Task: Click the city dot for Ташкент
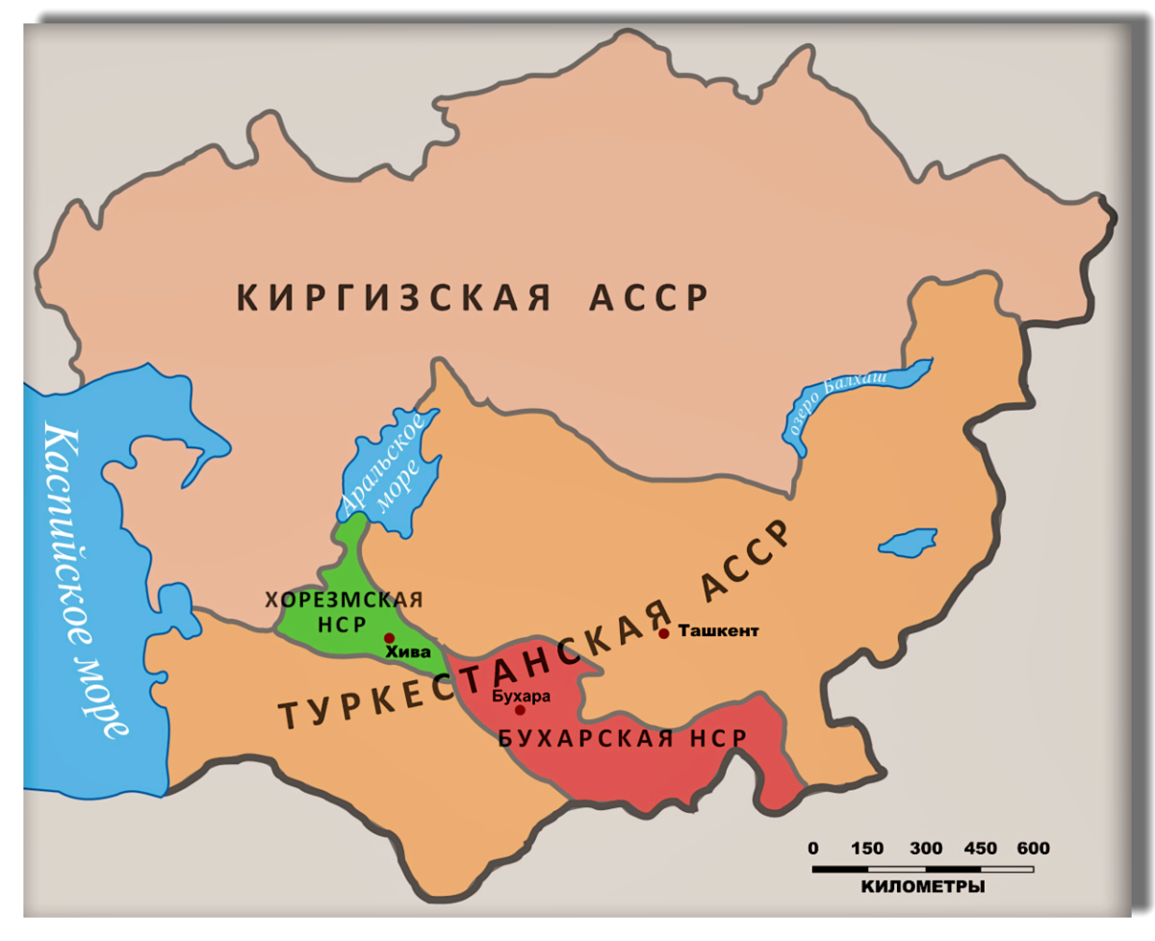point(664,633)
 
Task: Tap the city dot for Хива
point(389,638)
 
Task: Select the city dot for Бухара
point(520,710)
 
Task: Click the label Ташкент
point(719,631)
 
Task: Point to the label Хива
point(405,652)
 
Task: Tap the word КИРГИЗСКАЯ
point(394,297)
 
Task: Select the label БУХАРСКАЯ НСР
point(622,739)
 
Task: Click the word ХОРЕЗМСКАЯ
point(344,599)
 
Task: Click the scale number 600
point(1032,849)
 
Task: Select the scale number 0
point(813,849)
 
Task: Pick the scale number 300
point(926,849)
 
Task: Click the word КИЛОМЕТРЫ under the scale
point(923,886)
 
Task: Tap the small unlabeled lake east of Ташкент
point(908,543)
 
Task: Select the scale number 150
point(867,849)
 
